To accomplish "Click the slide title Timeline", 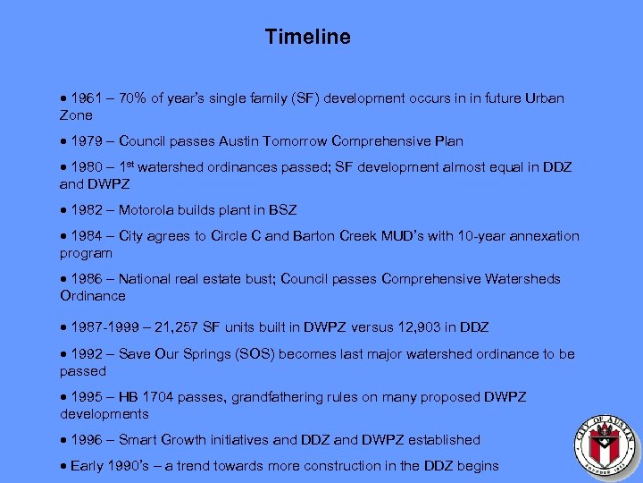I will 308,37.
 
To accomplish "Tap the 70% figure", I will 133,98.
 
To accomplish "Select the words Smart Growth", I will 162,440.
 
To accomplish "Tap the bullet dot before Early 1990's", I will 64,466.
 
